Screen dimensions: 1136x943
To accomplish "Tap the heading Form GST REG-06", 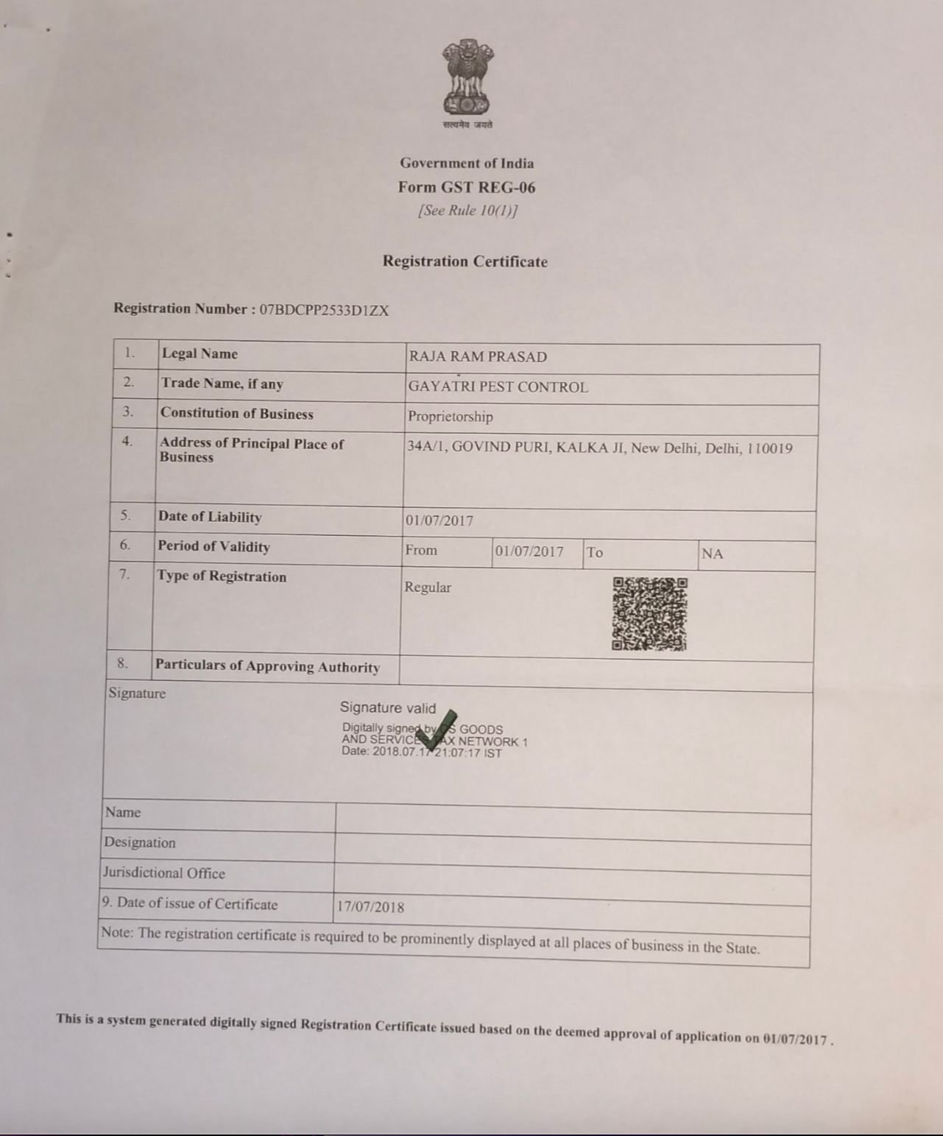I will (x=467, y=187).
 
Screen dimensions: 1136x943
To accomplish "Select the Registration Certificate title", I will (x=465, y=261).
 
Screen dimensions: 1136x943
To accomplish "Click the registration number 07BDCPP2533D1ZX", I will (x=324, y=310).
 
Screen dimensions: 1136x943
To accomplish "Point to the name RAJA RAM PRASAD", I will (x=478, y=357).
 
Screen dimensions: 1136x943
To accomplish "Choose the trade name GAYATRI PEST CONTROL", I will (x=498, y=387).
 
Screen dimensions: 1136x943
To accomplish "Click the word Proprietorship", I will (x=451, y=417).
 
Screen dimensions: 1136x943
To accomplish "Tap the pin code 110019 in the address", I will (x=769, y=448).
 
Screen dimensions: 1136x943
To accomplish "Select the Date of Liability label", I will (x=210, y=517).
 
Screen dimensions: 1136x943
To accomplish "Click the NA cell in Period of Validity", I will (x=712, y=554).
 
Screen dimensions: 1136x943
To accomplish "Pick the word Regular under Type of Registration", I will (x=428, y=588).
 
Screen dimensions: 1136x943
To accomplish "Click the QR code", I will (x=649, y=614).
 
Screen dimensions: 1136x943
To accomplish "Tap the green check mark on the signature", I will (x=437, y=730).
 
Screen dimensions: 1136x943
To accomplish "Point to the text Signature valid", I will (x=387, y=708).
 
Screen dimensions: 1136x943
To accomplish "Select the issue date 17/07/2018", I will (x=370, y=907).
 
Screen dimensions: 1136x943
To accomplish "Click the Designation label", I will (x=140, y=843).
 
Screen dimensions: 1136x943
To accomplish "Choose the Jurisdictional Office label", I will (x=163, y=873).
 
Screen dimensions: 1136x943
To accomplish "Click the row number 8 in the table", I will (x=122, y=663).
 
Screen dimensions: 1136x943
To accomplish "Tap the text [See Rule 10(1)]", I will (x=467, y=211).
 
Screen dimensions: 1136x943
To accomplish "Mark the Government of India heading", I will (x=467, y=163).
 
